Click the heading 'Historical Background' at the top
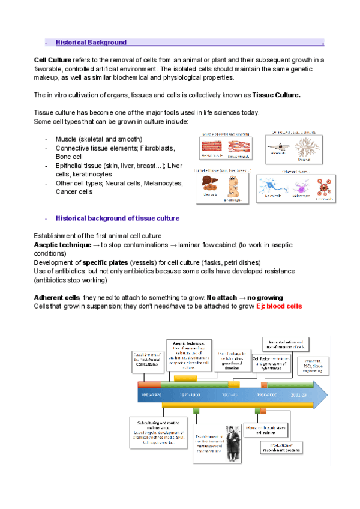point(91,43)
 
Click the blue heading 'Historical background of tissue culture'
point(118,218)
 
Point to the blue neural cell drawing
point(272,185)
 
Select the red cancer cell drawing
point(323,187)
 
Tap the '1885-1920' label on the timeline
point(150,396)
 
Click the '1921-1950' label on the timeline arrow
point(190,396)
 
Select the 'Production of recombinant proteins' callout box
point(281,448)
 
